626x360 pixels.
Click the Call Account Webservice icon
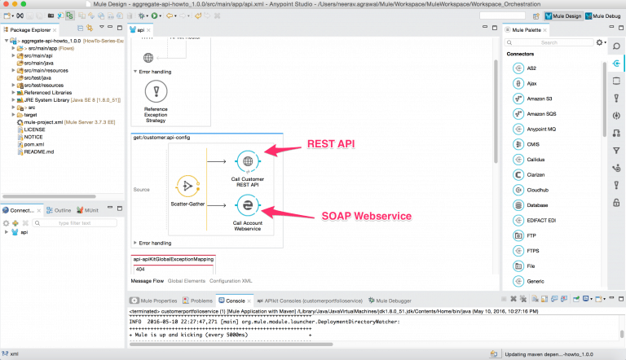click(x=246, y=209)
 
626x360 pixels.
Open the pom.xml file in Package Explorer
click(x=34, y=143)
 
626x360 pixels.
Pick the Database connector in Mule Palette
click(x=541, y=205)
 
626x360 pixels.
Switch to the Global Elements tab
click(x=187, y=280)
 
